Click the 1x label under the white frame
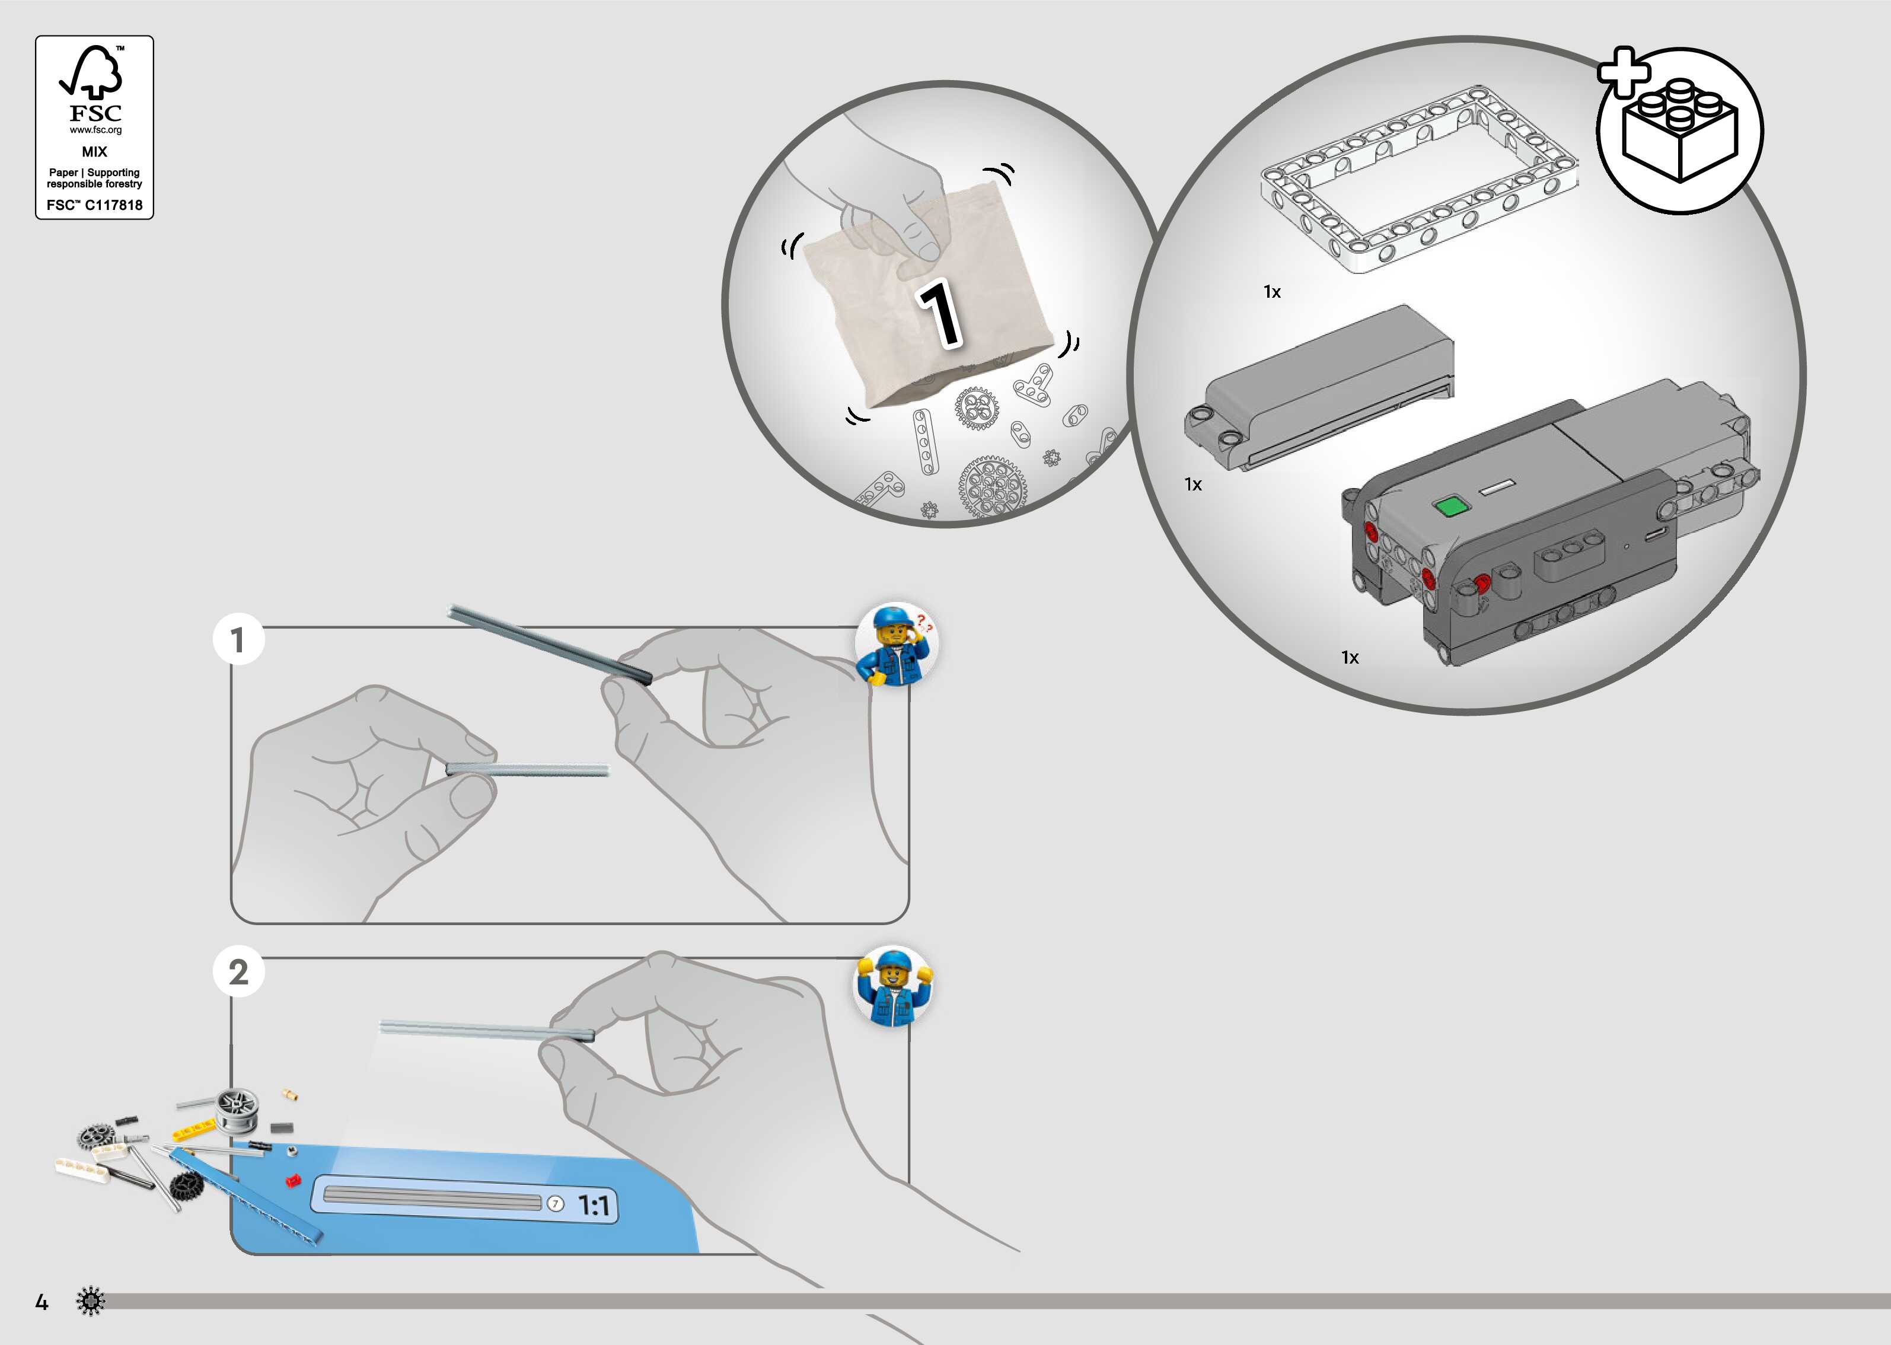pos(1272,292)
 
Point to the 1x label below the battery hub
pos(1350,658)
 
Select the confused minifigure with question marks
pos(896,645)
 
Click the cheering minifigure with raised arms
pos(892,986)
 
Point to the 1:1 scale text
pos(594,1206)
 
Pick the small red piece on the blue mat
pos(292,1180)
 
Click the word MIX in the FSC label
pos(94,152)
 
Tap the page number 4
pos(42,1303)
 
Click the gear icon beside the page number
pos(90,1301)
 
